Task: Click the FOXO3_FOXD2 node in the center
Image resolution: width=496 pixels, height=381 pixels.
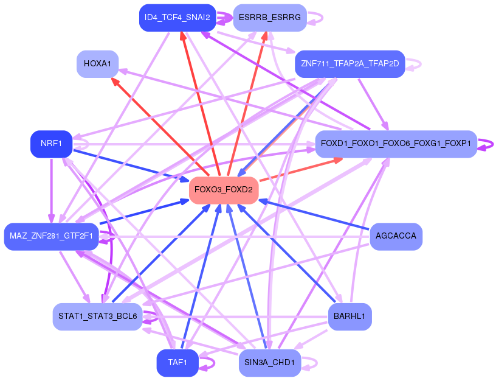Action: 224,190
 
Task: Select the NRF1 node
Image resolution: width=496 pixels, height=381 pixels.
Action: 52,144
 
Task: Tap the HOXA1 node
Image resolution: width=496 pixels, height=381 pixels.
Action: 97,64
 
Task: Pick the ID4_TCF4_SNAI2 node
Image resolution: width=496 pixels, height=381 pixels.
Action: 177,18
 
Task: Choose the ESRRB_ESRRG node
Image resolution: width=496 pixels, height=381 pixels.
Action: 270,18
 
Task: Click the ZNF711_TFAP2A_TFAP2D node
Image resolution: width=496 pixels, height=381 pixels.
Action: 350,64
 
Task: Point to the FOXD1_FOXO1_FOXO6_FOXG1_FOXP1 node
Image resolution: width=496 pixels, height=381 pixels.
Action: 396,144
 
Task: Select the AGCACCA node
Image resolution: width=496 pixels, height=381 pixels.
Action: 396,236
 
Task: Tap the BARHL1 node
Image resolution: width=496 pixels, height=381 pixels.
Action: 350,316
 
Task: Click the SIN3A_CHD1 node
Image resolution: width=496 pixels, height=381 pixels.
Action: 270,363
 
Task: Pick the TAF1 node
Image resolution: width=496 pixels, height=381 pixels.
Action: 177,363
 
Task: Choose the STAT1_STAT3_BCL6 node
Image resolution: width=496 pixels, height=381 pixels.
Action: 97,316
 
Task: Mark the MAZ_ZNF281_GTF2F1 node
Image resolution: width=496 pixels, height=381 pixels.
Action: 52,236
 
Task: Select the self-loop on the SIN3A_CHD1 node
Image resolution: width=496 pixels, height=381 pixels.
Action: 309,363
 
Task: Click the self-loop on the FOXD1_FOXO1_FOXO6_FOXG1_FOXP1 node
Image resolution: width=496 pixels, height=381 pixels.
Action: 485,145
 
